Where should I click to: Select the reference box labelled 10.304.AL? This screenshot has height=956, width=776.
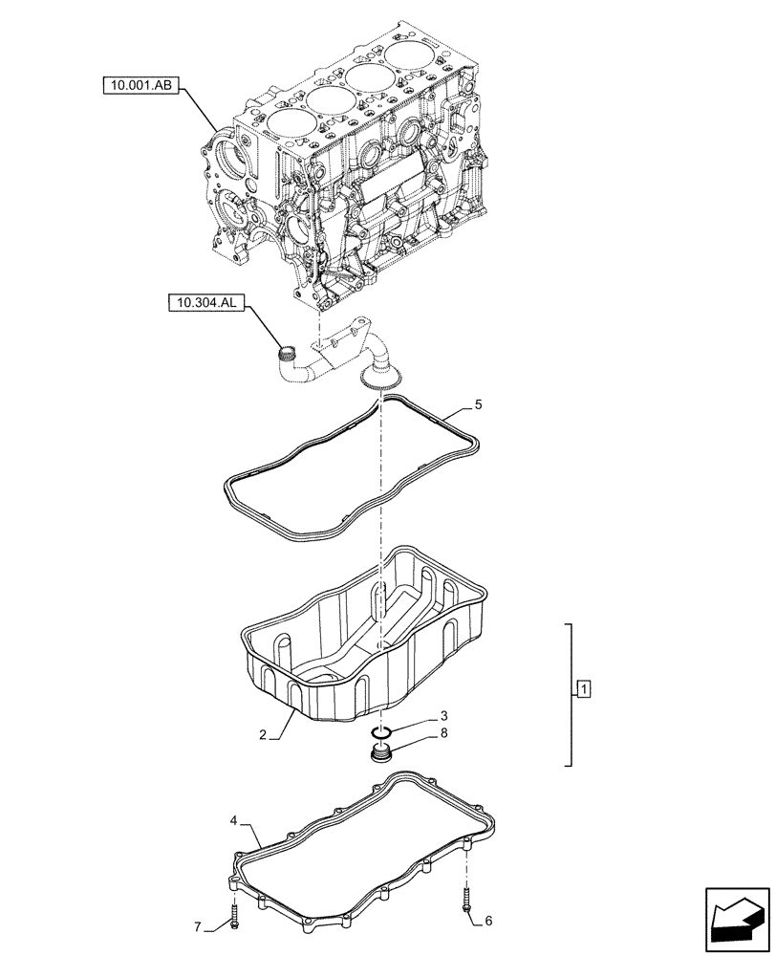(205, 304)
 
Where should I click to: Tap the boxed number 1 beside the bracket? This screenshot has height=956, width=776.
(583, 688)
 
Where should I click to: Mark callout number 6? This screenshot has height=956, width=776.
(488, 921)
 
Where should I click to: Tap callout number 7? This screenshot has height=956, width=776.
(199, 926)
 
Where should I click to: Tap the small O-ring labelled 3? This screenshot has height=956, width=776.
(382, 732)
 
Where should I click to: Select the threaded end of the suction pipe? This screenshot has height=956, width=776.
(284, 357)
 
